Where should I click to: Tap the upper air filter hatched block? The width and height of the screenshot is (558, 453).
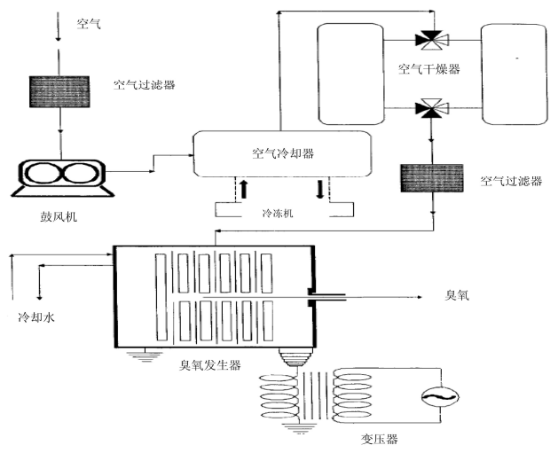click(x=59, y=91)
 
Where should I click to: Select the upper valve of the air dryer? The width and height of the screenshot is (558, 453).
click(x=431, y=39)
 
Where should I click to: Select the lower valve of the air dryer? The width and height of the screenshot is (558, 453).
click(x=431, y=110)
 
